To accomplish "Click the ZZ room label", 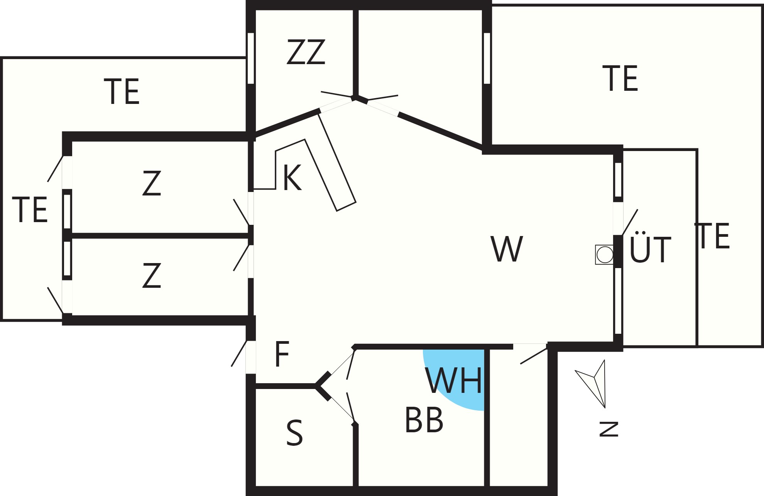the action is point(306,52).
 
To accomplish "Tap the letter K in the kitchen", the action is point(292,178).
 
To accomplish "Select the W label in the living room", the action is point(507,249).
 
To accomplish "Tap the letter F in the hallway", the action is point(282,354).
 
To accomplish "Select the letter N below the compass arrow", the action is point(609,429).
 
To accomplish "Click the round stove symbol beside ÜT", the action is point(604,255).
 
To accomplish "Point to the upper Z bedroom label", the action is point(151,183).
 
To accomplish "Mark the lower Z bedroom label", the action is point(151,275).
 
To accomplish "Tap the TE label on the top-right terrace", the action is point(620,78).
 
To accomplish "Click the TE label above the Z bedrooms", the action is point(122,92).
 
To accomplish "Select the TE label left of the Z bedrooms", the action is point(30,210).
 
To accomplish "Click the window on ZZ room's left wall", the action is point(251,58).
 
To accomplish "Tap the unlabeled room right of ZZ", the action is point(419,58).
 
